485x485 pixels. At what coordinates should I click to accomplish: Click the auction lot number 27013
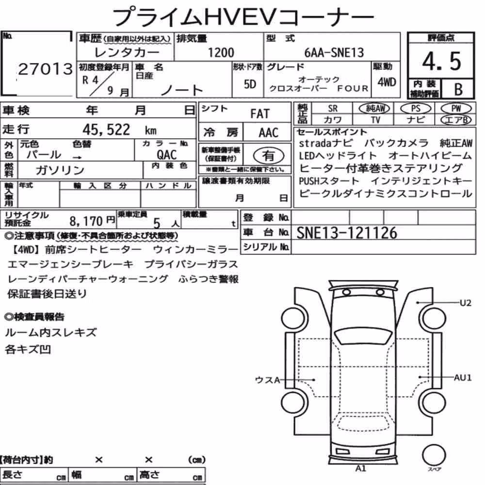coord(46,69)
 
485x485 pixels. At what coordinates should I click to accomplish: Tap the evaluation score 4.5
coord(441,61)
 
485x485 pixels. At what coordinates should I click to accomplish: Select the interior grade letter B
coord(458,89)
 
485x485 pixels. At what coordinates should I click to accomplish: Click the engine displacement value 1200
coord(221,52)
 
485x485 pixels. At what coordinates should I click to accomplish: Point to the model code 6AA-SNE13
coord(334,52)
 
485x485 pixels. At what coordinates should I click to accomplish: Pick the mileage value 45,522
coord(106,129)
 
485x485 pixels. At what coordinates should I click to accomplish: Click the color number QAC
coord(167,155)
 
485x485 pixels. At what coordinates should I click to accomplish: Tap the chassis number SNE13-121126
coord(347,233)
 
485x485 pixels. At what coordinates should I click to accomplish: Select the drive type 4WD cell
coord(387,82)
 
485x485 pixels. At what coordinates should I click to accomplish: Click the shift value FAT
coord(260,114)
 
